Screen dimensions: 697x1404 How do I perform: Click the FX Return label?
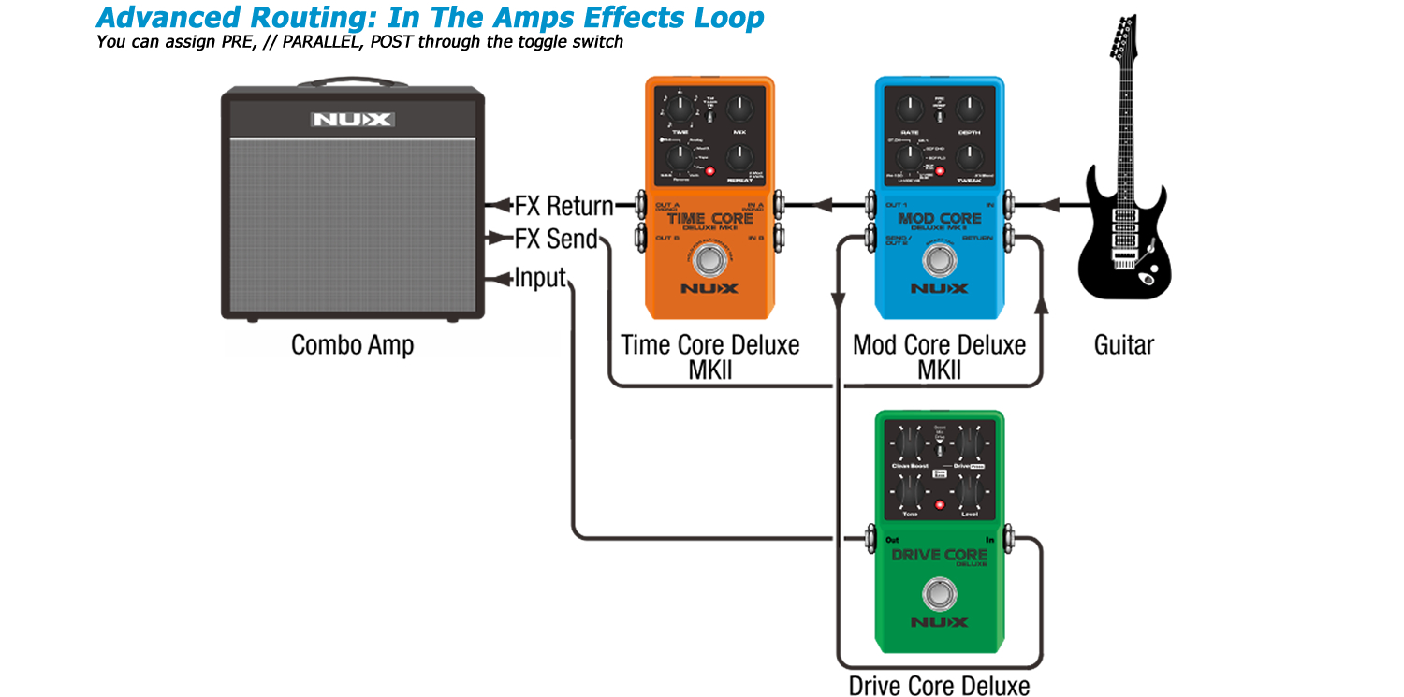click(564, 206)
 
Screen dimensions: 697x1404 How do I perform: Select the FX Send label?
click(556, 240)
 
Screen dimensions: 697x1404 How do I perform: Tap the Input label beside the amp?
click(540, 278)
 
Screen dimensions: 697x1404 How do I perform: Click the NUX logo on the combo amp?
click(353, 119)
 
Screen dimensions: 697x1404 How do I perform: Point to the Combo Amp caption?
click(352, 344)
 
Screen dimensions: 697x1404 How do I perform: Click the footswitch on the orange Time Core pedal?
click(709, 261)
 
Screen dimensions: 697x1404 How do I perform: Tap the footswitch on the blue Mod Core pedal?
click(938, 259)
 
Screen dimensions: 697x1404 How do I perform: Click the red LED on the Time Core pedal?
click(709, 172)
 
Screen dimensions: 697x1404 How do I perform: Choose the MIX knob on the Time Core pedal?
click(739, 109)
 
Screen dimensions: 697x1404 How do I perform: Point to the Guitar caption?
click(1123, 344)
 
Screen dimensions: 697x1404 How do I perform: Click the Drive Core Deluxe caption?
click(939, 685)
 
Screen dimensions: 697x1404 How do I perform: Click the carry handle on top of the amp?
click(353, 82)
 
